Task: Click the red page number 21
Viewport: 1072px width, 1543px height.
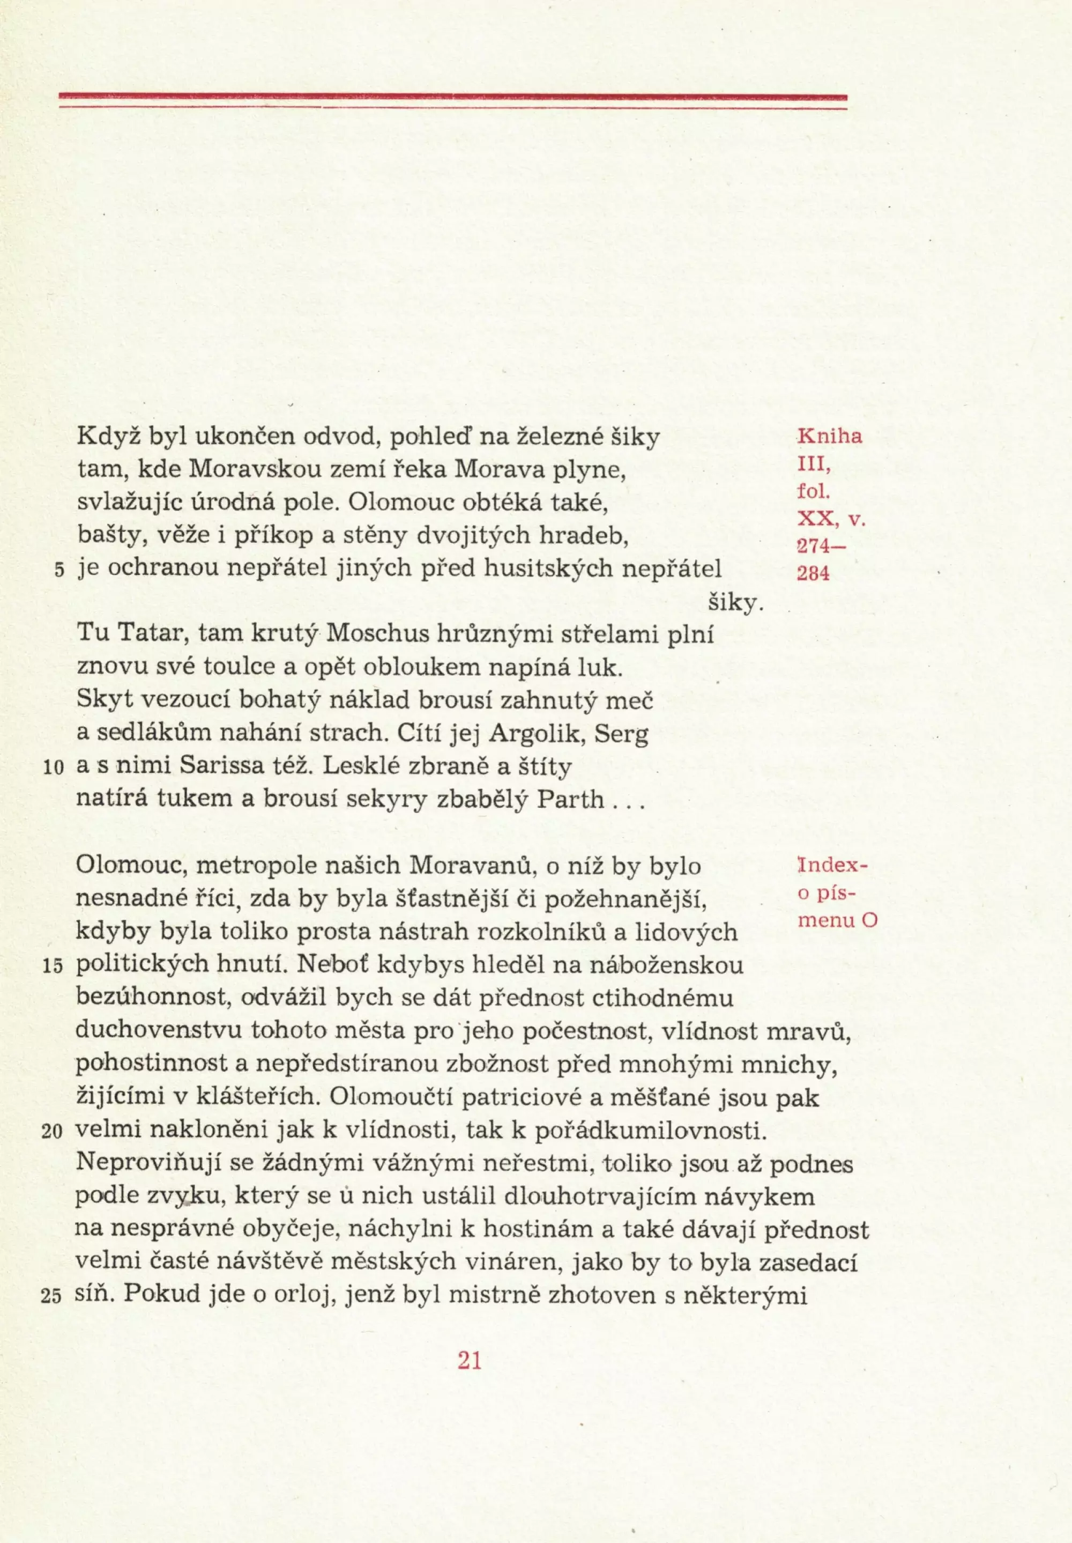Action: click(x=470, y=1361)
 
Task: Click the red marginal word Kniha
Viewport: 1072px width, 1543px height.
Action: click(x=830, y=436)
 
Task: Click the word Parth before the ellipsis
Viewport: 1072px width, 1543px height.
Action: click(x=570, y=800)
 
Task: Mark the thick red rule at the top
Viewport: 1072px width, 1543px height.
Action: click(x=453, y=98)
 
